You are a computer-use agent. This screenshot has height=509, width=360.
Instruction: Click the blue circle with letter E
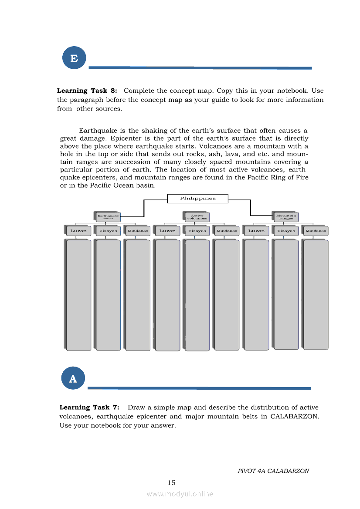[x=74, y=58]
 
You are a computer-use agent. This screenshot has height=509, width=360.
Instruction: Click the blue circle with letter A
[x=73, y=378]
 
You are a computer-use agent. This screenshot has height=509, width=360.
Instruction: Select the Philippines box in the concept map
[x=198, y=199]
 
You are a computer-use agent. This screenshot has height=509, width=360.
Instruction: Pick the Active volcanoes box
[x=197, y=216]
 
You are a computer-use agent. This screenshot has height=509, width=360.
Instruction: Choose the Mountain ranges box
[x=286, y=216]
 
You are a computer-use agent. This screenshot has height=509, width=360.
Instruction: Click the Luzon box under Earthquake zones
[x=78, y=231]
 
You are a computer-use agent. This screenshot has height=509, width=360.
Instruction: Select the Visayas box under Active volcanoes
[x=197, y=231]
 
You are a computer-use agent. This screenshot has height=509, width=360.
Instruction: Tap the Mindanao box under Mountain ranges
[x=316, y=231]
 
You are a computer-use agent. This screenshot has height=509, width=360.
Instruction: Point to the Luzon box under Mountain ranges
[x=256, y=231]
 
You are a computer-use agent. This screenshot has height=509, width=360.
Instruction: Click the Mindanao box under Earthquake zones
[x=138, y=231]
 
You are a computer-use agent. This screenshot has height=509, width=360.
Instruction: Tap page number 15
[x=171, y=482]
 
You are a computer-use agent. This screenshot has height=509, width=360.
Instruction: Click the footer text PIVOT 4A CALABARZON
[x=273, y=471]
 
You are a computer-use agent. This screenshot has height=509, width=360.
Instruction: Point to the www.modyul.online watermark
[x=180, y=494]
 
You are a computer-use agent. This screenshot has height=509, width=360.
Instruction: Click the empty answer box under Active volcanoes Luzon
[x=167, y=295]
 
